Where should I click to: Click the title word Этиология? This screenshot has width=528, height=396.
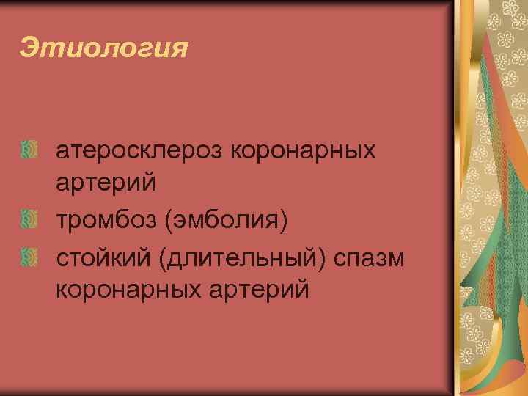pyautogui.click(x=104, y=49)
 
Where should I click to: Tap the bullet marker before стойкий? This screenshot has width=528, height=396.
pyautogui.click(x=29, y=255)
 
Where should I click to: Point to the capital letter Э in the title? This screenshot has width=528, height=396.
pyautogui.click(x=29, y=48)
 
